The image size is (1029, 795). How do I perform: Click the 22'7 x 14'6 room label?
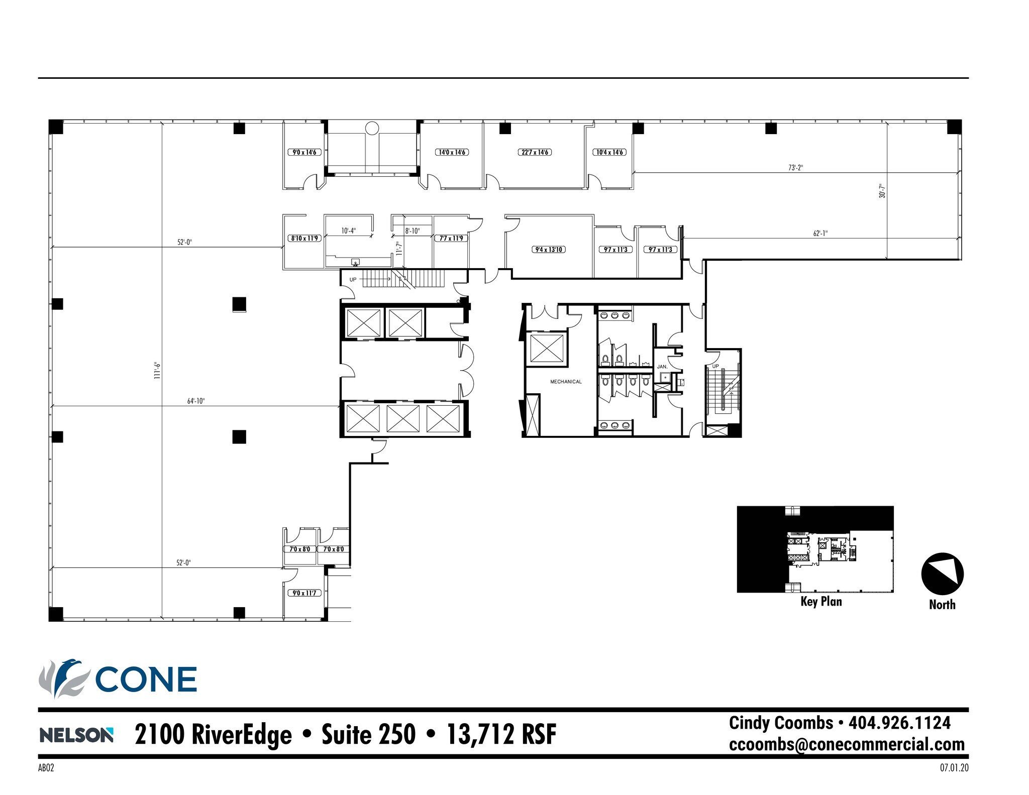(x=535, y=152)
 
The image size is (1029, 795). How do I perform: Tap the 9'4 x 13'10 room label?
(x=549, y=250)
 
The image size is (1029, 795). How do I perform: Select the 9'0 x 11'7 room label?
(x=304, y=593)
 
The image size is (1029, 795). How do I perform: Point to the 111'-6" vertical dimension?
(x=157, y=370)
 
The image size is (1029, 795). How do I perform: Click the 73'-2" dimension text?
(x=795, y=168)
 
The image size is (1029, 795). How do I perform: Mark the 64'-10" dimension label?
(x=196, y=401)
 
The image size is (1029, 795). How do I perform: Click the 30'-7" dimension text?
(x=882, y=190)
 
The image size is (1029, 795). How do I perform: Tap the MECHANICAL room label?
(x=566, y=382)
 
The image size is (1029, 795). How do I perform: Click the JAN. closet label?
(x=662, y=367)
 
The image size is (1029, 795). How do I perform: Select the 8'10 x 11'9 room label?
(x=305, y=238)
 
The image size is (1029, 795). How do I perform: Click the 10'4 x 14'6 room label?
(x=610, y=152)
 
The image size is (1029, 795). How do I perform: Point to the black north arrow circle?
(x=942, y=574)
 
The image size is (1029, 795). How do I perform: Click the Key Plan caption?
(x=821, y=602)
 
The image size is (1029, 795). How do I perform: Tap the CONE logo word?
(x=146, y=680)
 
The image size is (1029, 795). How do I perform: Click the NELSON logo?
(x=76, y=736)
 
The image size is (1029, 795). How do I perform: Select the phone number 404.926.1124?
(x=899, y=723)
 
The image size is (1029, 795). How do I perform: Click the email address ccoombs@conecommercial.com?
(x=847, y=744)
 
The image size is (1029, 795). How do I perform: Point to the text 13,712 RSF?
(x=501, y=734)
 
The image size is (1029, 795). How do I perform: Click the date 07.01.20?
(x=954, y=768)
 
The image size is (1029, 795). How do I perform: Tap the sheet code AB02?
(x=46, y=768)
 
